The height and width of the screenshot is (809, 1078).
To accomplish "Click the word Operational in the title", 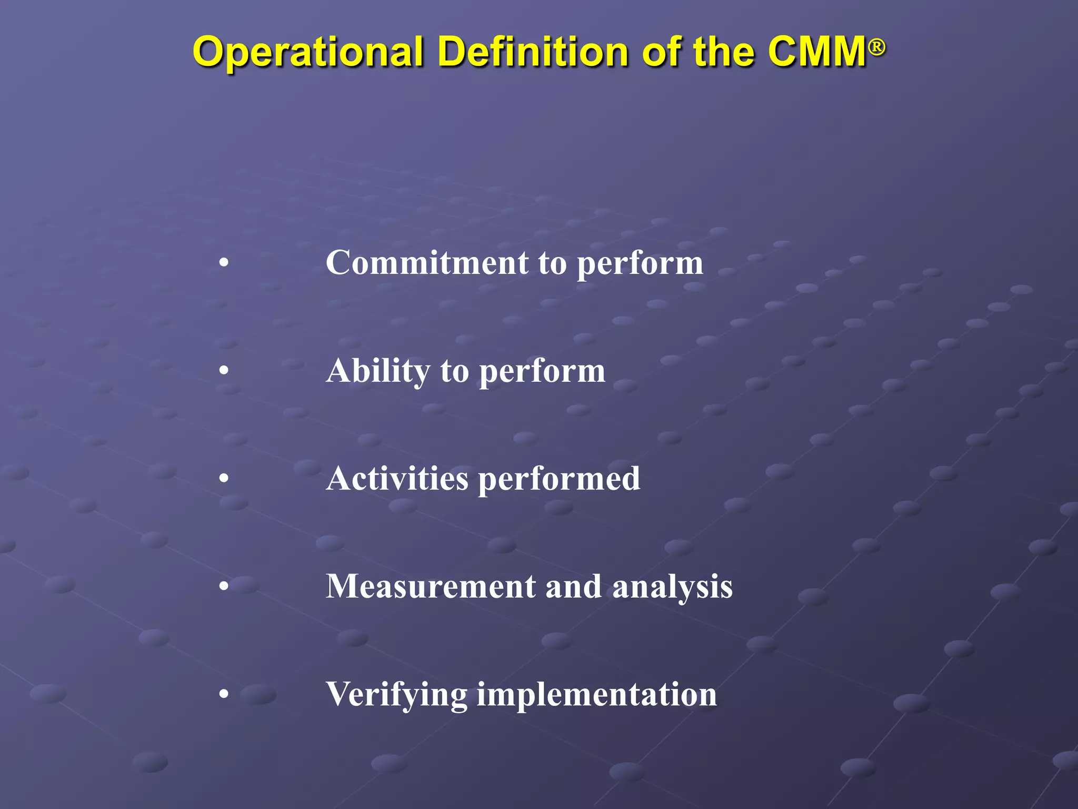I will click(308, 53).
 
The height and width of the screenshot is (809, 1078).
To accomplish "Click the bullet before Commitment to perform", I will click(224, 263).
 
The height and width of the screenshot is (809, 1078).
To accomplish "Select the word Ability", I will click(378, 371).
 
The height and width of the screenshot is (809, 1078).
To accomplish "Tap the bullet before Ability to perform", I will click(224, 371).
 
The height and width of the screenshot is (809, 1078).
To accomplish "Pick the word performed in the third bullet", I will click(559, 479).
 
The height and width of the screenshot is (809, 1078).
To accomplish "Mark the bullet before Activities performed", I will click(224, 479).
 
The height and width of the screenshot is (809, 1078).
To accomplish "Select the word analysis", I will click(672, 587).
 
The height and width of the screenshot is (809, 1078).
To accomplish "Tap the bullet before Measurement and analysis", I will click(224, 587).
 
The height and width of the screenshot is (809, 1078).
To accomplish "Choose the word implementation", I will click(596, 695).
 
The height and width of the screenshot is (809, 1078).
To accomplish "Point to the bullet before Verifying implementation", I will click(224, 695).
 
